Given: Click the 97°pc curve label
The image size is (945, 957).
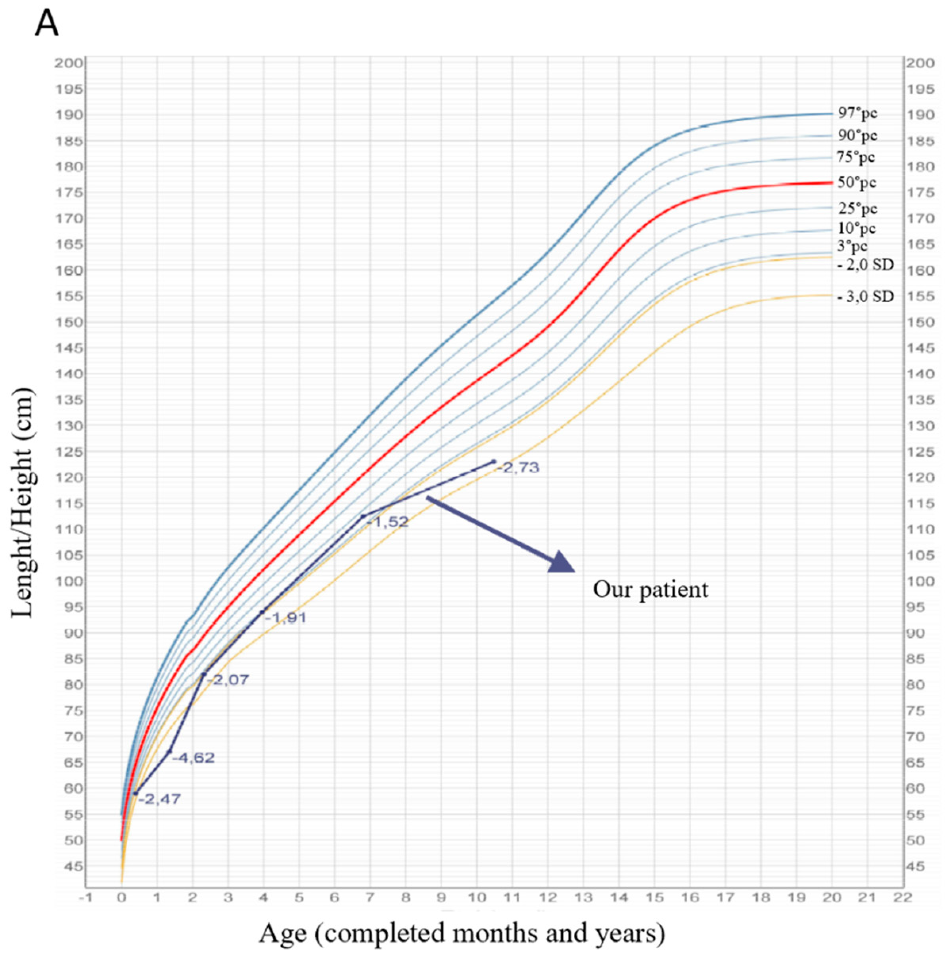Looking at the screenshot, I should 857,113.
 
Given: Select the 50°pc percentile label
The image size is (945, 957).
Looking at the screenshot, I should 857,183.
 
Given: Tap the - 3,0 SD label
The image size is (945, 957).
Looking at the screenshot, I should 865,297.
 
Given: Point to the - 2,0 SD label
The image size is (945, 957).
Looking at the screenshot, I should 865,265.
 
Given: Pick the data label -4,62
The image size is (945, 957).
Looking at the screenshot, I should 193,758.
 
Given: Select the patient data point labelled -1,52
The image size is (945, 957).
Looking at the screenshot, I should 363,517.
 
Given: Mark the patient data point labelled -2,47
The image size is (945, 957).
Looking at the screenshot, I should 135,794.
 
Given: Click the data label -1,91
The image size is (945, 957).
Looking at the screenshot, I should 286,618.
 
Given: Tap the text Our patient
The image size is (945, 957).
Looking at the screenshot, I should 650,590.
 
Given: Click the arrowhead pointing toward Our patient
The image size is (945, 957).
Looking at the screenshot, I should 561,563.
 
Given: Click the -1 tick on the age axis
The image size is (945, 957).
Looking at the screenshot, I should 86,898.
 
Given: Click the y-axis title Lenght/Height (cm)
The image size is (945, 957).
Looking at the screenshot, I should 23,502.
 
